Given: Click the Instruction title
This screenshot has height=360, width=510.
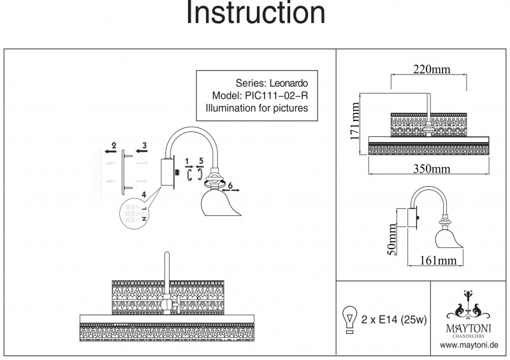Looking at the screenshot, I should pos(255,13).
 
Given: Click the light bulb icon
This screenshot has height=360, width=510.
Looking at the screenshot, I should pos(349,319).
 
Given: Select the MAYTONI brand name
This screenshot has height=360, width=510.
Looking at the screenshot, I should pos(469,327).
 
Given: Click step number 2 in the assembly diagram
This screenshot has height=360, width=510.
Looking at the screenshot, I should pos(114,146).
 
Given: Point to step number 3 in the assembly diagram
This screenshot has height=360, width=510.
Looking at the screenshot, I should pos(145,146).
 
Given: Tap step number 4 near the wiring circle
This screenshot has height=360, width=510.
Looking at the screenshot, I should pos(144,193).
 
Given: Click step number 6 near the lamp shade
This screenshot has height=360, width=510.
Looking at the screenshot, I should pos(230,184).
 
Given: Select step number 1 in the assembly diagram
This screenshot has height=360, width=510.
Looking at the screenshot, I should pos(187,161).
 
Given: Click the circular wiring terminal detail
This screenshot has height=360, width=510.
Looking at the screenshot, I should pos(133,212).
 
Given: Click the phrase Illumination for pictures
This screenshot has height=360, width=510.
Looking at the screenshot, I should pos(257,109).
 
